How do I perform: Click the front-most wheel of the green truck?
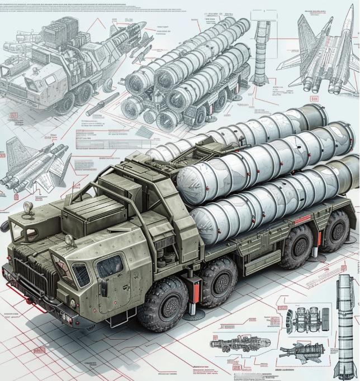pyautogui.click(x=163, y=302)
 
